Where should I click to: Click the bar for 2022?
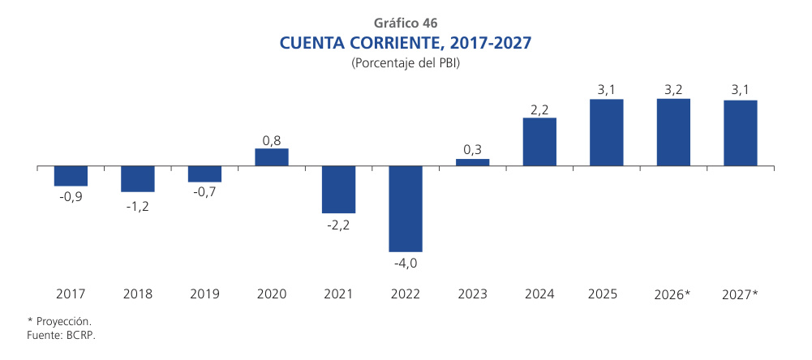tap(406, 208)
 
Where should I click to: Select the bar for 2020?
tap(272, 157)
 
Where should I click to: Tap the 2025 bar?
tap(606, 132)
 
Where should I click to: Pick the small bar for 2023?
tap(472, 162)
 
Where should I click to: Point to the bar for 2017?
tap(71, 176)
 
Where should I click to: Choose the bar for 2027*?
tap(740, 133)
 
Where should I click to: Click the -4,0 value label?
tap(406, 264)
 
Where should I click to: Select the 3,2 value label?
tap(672, 90)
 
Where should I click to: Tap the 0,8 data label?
tap(272, 140)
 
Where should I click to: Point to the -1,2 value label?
tap(138, 206)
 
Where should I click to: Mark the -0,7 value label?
tap(204, 195)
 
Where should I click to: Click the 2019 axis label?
tap(204, 293)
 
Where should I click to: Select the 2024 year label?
tap(539, 293)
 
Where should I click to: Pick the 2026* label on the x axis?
tap(672, 293)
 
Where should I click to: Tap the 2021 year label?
tap(338, 293)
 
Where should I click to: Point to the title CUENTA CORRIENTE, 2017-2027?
tap(406, 42)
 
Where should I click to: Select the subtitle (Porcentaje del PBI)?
tap(406, 63)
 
